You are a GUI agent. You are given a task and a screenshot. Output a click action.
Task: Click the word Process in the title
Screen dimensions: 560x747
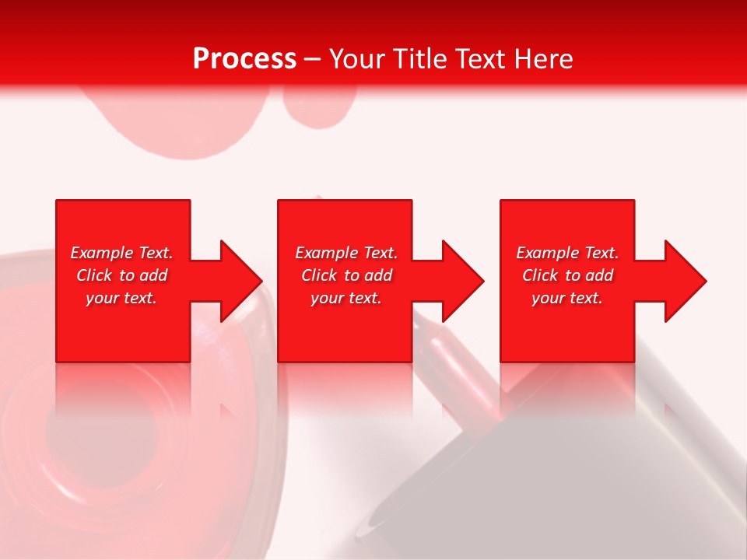pos(244,59)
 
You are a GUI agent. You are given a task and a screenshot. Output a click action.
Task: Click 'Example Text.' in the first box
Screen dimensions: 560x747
pos(121,253)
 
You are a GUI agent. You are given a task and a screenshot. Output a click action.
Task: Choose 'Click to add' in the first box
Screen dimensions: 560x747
pos(121,275)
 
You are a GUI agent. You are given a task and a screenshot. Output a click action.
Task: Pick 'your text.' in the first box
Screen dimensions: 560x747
pos(121,298)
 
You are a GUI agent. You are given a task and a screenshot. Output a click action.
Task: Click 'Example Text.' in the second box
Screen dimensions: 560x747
pos(346,253)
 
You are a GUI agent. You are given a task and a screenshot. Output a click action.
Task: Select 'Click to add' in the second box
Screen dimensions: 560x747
pos(346,275)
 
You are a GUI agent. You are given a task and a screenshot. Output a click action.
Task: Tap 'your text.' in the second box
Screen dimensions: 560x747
pos(346,298)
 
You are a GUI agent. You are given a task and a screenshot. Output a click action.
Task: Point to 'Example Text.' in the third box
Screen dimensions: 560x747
pos(567,253)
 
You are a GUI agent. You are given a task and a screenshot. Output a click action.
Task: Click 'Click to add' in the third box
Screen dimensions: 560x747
pos(567,275)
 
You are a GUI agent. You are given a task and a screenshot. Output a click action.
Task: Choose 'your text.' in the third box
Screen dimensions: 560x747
pos(567,298)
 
